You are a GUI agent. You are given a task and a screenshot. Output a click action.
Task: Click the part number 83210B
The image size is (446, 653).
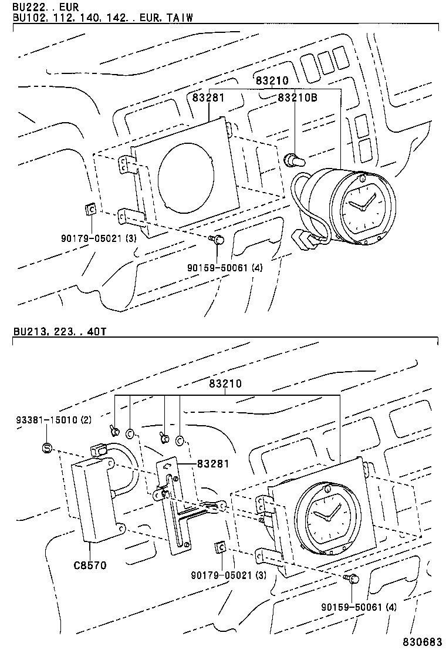(297, 97)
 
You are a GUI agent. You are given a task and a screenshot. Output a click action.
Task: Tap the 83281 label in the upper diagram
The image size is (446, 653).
(208, 97)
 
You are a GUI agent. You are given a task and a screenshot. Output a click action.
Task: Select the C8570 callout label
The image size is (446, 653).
(90, 565)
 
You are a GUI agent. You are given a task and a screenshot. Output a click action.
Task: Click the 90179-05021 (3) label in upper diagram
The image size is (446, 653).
(99, 238)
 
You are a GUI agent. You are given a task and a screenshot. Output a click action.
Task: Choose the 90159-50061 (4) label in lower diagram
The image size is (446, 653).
(359, 607)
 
